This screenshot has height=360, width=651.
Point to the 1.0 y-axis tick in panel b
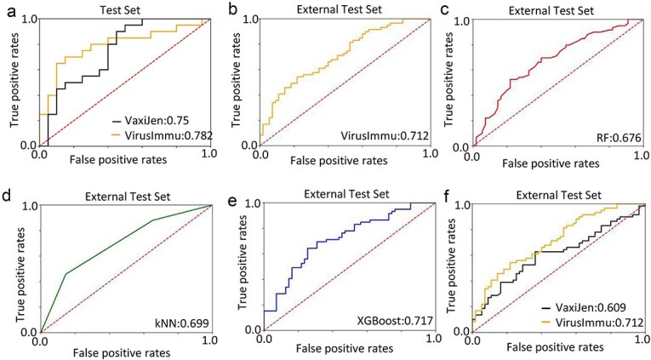tap(246, 20)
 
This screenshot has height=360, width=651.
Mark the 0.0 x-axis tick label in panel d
tap(39, 343)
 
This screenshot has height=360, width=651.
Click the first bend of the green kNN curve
tap(66, 273)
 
